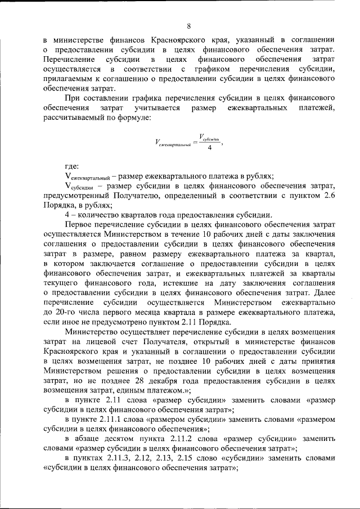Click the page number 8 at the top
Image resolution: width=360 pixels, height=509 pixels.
189,26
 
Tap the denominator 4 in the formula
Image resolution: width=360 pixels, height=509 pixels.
209,148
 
